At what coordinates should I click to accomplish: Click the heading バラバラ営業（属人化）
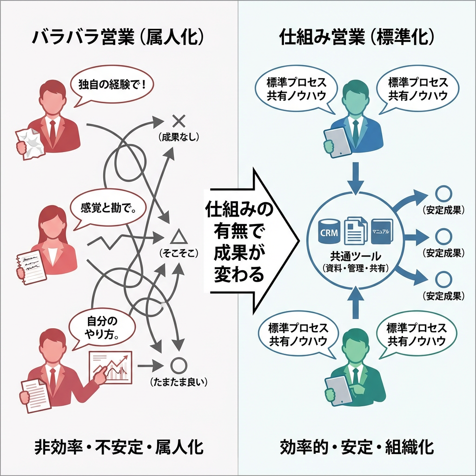[119, 38]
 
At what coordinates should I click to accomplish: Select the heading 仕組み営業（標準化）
[357, 38]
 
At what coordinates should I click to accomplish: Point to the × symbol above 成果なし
[178, 121]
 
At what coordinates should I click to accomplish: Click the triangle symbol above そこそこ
[178, 237]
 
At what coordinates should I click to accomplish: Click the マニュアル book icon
[383, 231]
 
